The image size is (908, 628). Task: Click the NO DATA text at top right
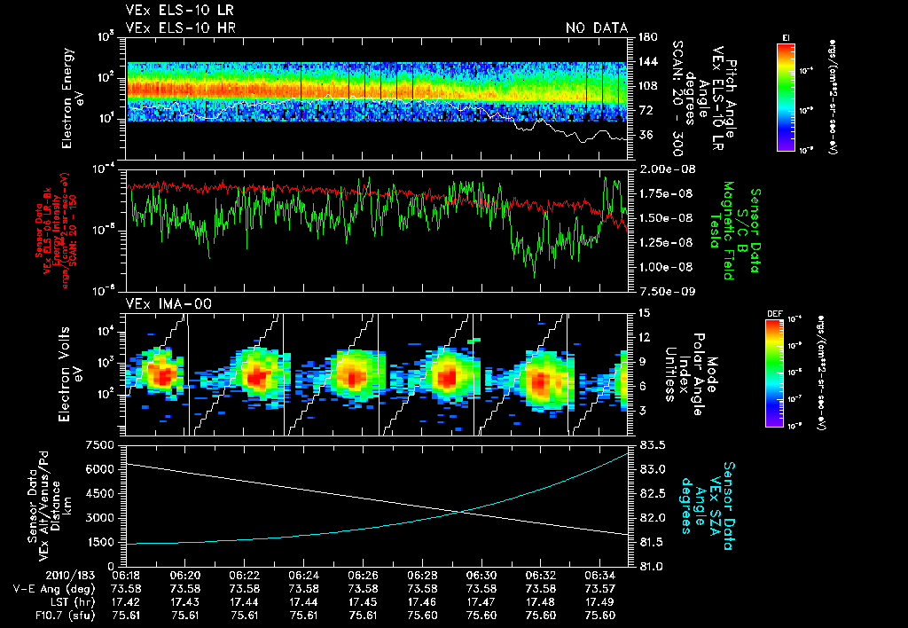point(596,28)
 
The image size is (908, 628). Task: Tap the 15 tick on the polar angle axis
point(643,312)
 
